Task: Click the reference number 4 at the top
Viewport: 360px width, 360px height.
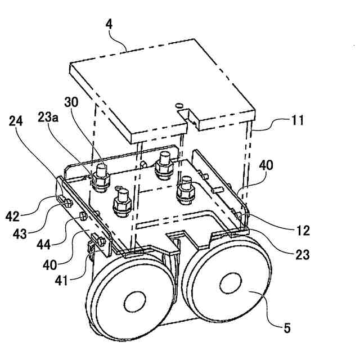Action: [x=109, y=25]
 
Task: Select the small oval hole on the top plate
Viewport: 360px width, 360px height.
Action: [x=179, y=105]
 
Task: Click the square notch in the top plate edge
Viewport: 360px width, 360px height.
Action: [x=193, y=118]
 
